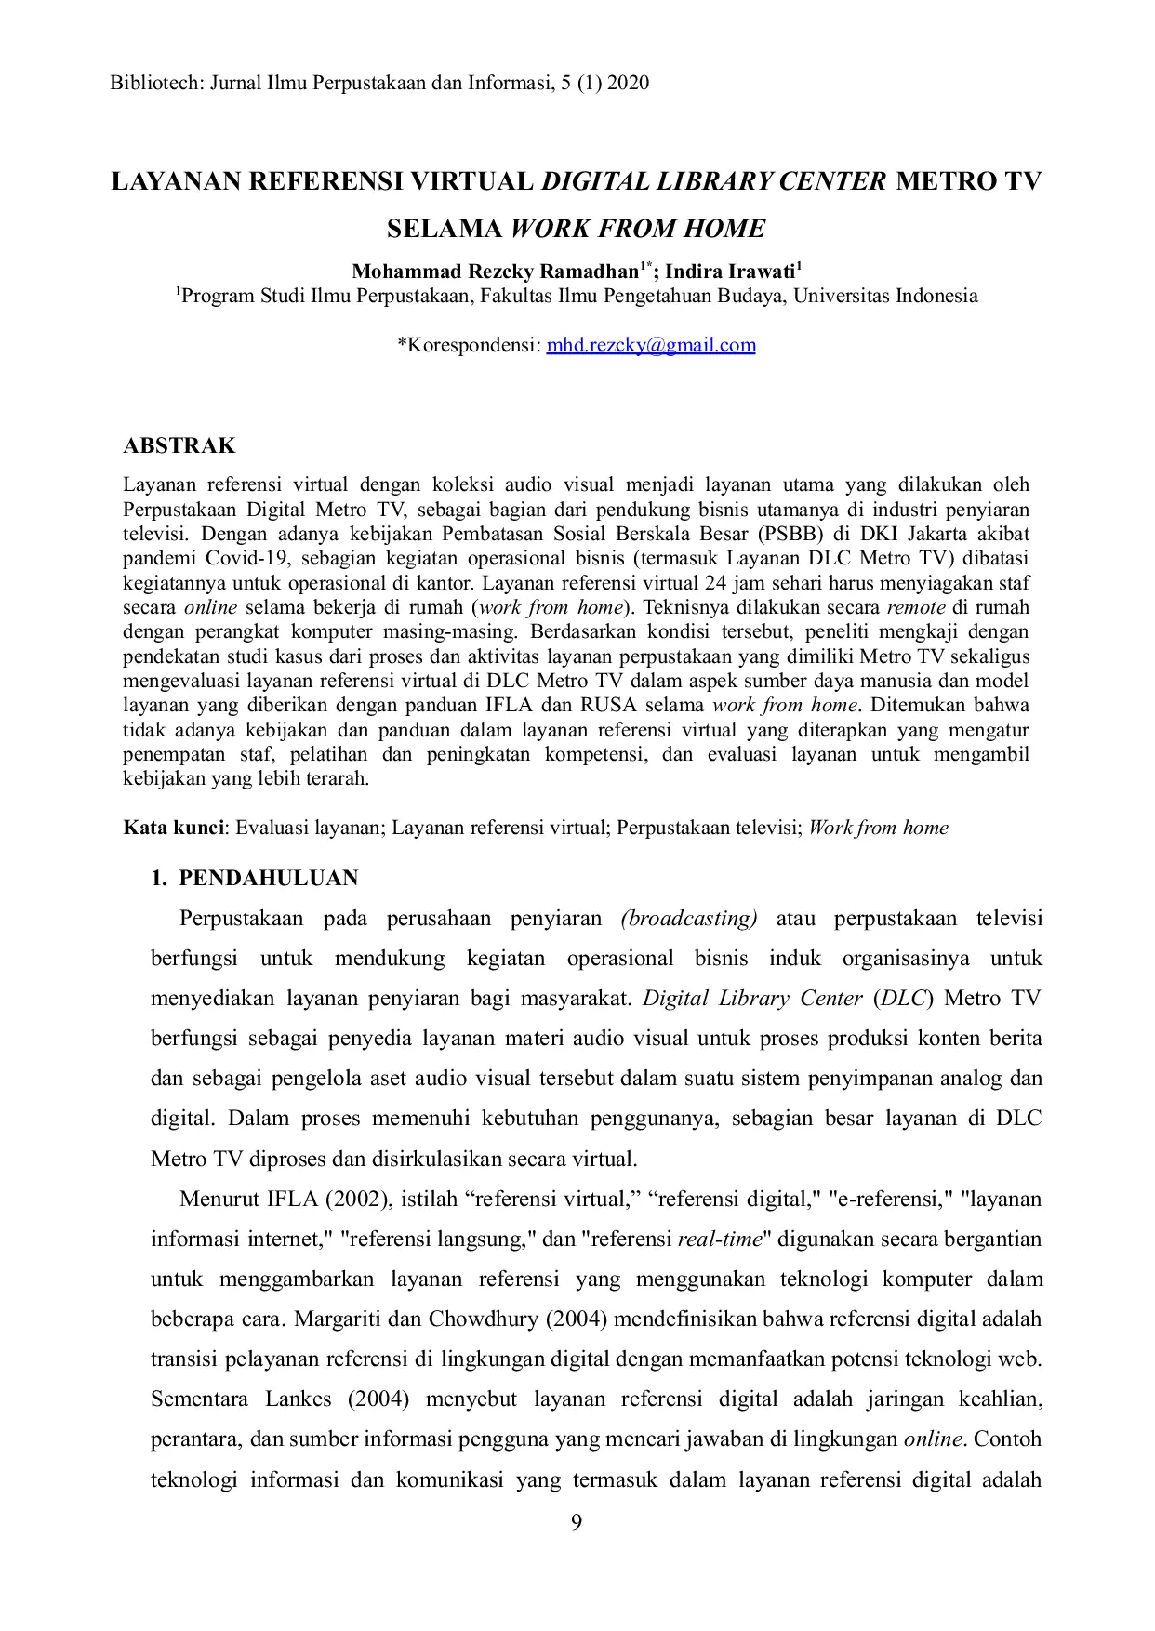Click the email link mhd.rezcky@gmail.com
[650, 345]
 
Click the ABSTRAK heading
[179, 445]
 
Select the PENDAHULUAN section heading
[268, 878]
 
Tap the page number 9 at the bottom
[577, 1522]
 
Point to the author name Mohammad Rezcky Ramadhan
[494, 272]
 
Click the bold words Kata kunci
[174, 828]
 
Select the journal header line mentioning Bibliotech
[379, 83]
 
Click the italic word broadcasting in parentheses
[689, 919]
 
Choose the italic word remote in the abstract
[916, 607]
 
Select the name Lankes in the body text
[298, 1399]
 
